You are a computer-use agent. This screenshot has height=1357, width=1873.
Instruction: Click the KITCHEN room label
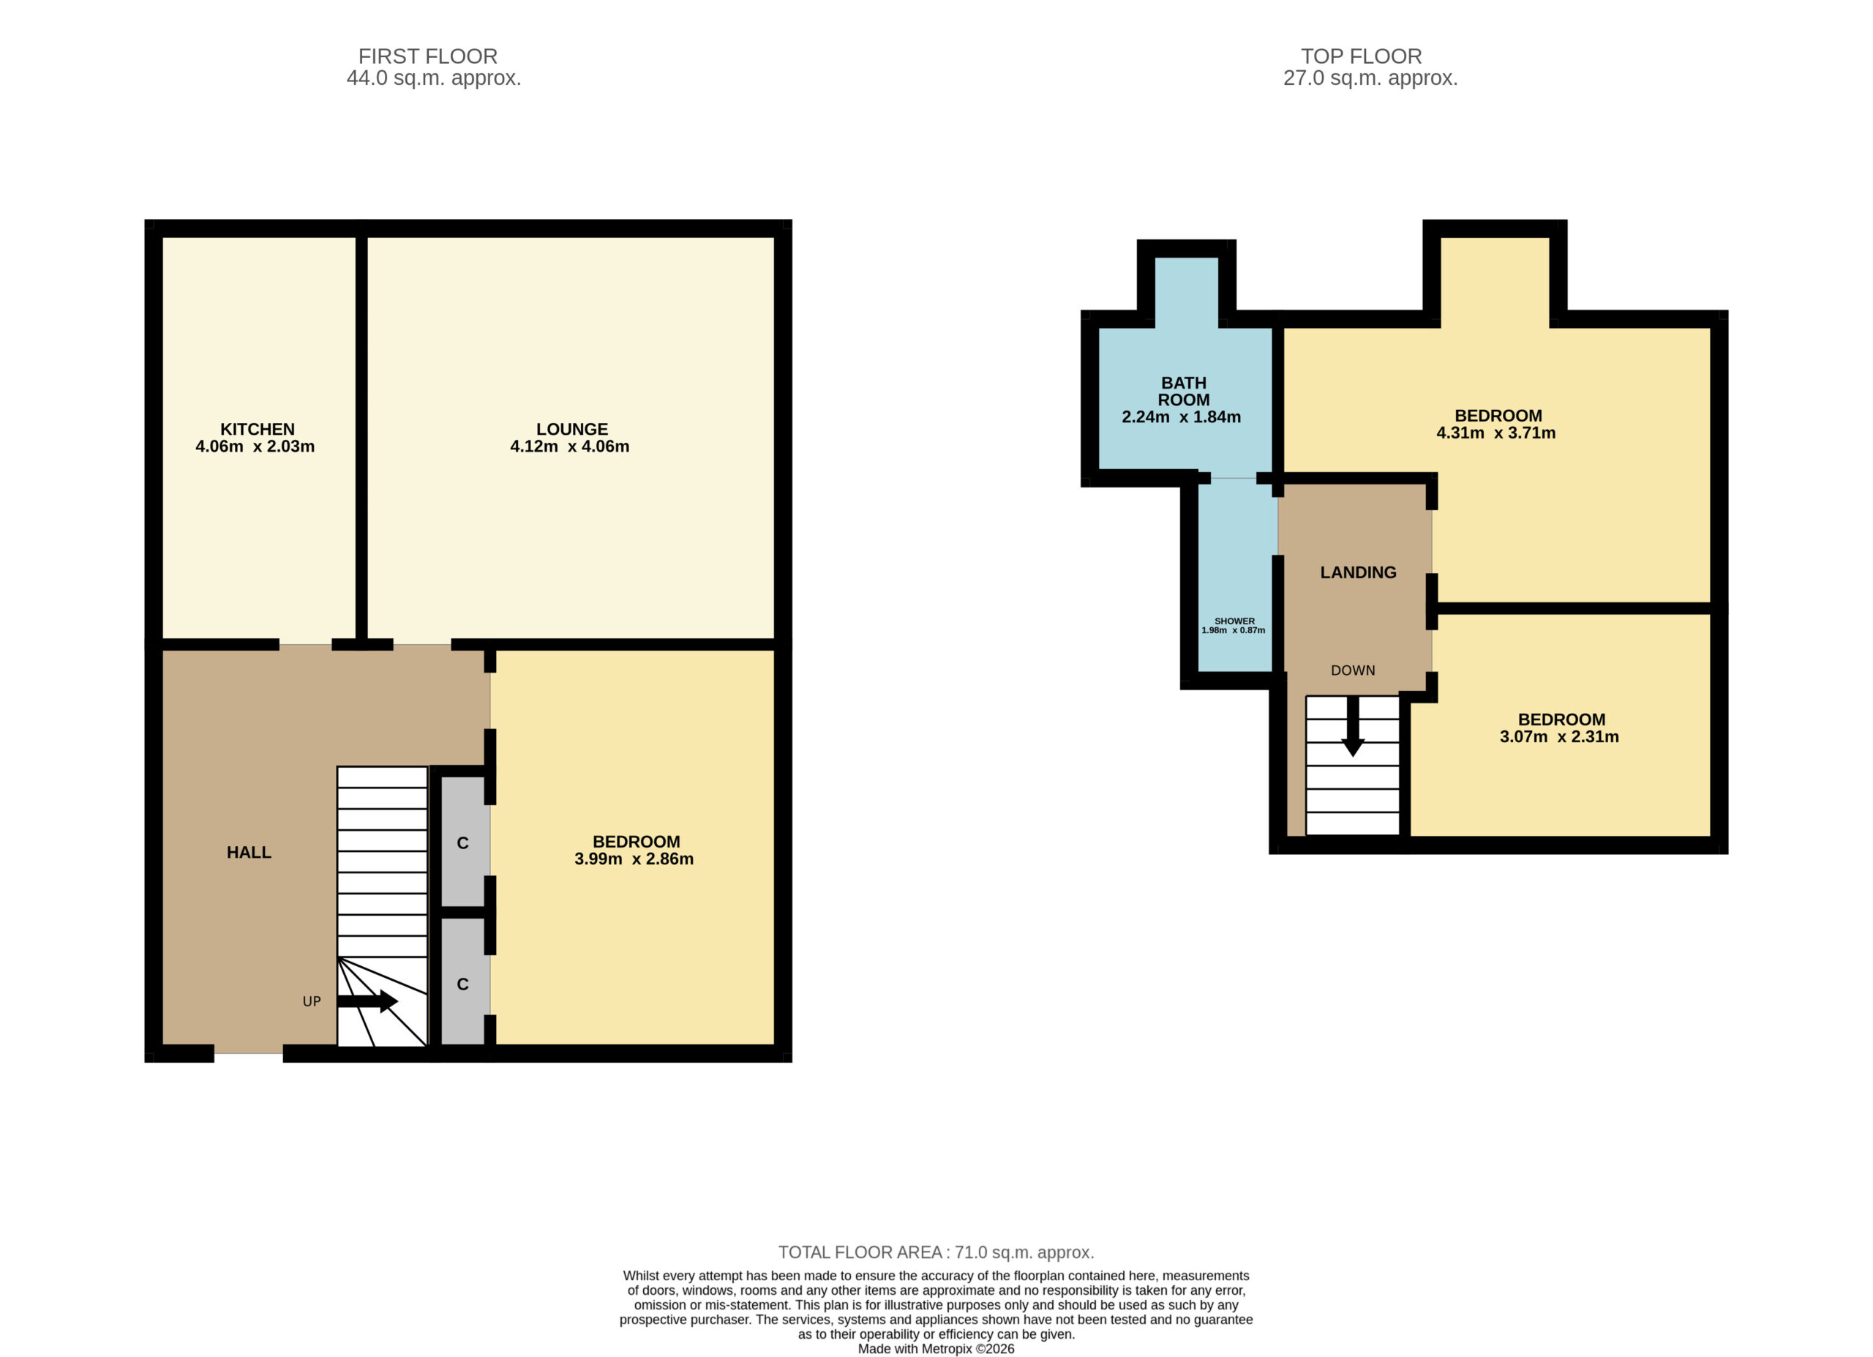[x=257, y=430]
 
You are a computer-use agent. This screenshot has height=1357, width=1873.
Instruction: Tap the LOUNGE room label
[x=571, y=430]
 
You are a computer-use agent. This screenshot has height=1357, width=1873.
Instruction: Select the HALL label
[x=249, y=853]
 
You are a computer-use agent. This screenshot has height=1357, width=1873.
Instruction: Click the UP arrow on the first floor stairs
[x=367, y=1001]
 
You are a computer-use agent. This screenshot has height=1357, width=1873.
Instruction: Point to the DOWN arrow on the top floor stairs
[x=1352, y=726]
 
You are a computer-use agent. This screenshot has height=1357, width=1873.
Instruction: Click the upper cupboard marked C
[x=462, y=842]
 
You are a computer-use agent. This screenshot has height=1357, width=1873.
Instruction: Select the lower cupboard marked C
[x=462, y=983]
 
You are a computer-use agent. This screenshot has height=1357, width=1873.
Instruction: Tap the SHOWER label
[x=1234, y=621]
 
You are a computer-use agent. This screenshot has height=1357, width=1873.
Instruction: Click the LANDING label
[x=1358, y=572]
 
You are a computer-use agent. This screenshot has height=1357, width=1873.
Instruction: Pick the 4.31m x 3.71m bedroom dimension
[x=1495, y=433]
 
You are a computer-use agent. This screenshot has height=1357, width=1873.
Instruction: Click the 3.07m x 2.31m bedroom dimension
[x=1559, y=737]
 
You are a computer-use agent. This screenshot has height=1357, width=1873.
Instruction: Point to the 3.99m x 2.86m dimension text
[x=634, y=859]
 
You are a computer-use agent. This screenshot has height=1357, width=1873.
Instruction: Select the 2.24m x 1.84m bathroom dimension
[x=1181, y=417]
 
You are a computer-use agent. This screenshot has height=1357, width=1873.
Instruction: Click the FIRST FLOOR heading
[x=428, y=56]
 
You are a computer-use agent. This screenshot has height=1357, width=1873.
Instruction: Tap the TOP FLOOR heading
[x=1361, y=56]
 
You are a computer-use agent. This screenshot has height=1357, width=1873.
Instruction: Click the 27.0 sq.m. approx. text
[x=1370, y=78]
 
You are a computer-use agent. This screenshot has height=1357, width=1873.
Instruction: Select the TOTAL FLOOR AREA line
[x=936, y=1252]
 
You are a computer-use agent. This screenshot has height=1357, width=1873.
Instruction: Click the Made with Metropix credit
[x=936, y=1349]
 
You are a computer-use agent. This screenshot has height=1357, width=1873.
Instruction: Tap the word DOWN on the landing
[x=1353, y=670]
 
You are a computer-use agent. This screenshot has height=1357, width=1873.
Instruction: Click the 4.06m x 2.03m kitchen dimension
[x=255, y=446]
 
